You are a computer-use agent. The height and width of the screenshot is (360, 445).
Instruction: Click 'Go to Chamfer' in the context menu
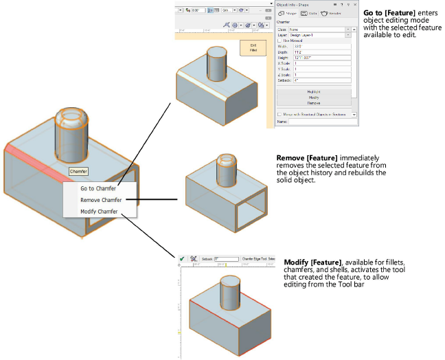point(98,188)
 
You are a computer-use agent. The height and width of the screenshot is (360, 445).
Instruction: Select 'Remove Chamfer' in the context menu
point(100,200)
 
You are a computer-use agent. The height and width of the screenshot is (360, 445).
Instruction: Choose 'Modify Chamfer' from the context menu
point(99,212)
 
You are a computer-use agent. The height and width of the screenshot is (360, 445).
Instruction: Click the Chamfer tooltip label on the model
point(79,171)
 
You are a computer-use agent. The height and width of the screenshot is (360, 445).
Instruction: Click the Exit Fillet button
point(253,48)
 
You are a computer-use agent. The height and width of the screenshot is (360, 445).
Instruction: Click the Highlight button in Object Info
point(315,91)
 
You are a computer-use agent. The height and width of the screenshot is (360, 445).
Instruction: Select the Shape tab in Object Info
point(288,13)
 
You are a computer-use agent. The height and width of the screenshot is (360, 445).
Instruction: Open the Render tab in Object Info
point(330,13)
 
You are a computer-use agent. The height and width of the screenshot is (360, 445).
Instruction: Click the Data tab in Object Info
point(308,13)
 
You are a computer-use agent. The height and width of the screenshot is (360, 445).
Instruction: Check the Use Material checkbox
point(279,41)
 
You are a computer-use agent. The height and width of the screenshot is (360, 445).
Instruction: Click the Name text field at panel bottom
point(321,122)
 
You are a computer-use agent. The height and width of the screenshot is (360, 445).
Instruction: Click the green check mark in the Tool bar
point(181,258)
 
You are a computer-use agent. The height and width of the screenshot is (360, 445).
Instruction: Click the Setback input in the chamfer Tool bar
point(227,258)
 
